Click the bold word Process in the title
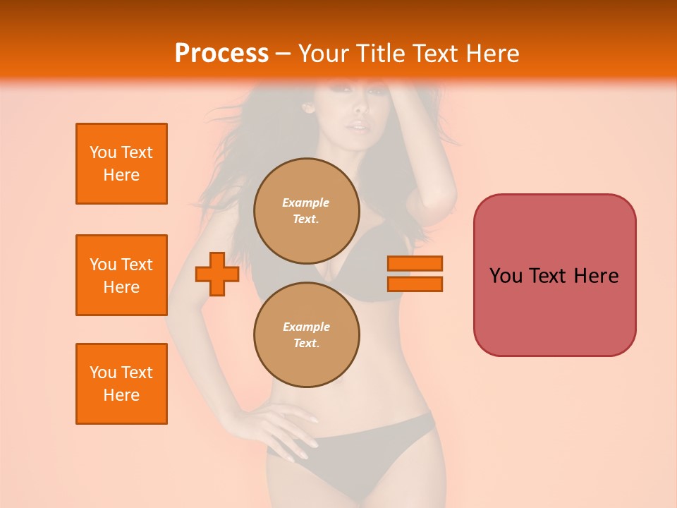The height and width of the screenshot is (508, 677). tap(221, 53)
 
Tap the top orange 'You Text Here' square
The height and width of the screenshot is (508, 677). tap(121, 164)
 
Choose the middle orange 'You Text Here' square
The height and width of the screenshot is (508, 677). tap(121, 275)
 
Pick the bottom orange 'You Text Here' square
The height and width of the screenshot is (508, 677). tap(121, 384)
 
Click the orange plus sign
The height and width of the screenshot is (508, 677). tap(217, 274)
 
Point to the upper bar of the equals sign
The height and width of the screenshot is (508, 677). tap(415, 263)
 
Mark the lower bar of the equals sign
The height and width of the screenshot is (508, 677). tap(415, 284)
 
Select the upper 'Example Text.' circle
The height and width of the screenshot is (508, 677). tap(306, 211)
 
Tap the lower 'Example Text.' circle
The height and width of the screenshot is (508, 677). tap(306, 335)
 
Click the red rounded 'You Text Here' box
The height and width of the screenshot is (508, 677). tap(554, 275)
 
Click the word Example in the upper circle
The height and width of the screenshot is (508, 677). tap(306, 202)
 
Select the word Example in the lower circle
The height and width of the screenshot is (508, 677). tap(306, 327)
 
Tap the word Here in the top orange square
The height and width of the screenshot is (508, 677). tap(121, 175)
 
